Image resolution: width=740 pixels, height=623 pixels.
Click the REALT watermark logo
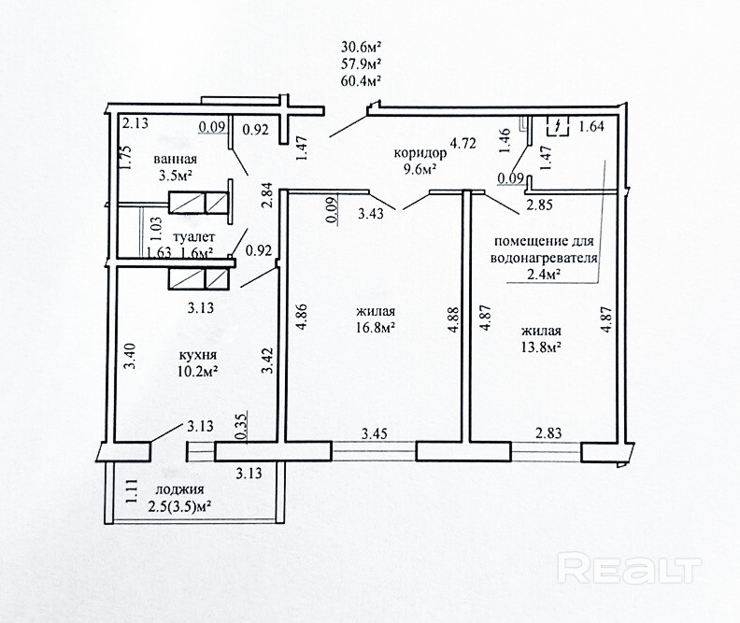630,568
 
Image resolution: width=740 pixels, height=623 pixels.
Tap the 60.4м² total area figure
361,80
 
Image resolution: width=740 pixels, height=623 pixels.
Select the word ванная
175,159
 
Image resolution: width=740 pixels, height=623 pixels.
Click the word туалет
194,236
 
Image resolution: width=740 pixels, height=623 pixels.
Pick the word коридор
420,154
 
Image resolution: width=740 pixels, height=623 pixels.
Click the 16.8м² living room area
376,327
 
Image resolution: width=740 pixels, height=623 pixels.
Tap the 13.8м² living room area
541,347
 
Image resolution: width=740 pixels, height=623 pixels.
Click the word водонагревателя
544,259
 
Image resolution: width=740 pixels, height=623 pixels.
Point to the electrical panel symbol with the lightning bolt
558,126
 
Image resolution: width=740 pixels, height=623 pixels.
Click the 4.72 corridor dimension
463,143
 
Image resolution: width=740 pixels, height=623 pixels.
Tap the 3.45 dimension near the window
375,433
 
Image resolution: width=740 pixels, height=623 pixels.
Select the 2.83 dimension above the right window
548,432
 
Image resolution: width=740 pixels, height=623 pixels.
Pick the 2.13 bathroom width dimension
135,123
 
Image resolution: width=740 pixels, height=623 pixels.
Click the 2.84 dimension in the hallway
267,195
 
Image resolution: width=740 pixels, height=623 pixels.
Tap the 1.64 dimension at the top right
591,126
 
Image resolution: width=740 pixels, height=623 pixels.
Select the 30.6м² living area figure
361,47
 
